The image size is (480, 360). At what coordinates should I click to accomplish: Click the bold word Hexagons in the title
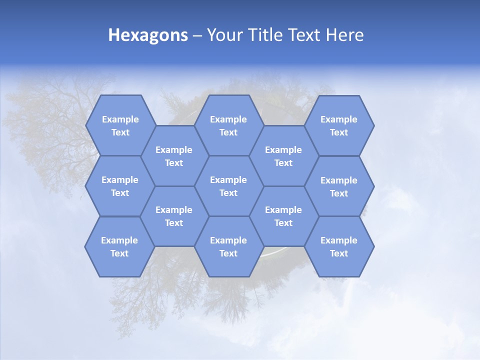coord(148,35)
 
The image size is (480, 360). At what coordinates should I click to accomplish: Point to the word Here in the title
coord(345,35)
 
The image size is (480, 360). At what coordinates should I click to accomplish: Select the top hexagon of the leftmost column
coord(120,125)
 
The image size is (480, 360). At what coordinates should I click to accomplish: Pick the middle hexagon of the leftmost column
coord(120,186)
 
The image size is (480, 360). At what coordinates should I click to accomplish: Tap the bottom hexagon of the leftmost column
coord(119,246)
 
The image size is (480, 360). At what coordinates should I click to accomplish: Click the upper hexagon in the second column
coord(174,156)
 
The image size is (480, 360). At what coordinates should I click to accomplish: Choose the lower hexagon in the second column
coord(174,216)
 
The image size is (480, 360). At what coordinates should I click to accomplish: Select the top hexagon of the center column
coord(228,125)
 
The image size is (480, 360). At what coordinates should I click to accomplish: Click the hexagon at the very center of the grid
coord(228,186)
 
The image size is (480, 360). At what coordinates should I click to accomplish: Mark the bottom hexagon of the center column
coord(228,246)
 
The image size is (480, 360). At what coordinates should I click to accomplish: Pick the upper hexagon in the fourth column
coord(283,156)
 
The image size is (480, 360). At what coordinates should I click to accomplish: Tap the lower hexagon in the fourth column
coord(283,216)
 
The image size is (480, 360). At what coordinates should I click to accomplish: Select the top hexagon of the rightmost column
coord(339,125)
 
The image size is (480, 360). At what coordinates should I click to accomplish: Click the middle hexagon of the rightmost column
coord(339,186)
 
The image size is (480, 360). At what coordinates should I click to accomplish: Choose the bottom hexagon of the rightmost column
coord(339,246)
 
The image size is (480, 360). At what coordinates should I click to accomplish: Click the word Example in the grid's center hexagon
coord(228,180)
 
